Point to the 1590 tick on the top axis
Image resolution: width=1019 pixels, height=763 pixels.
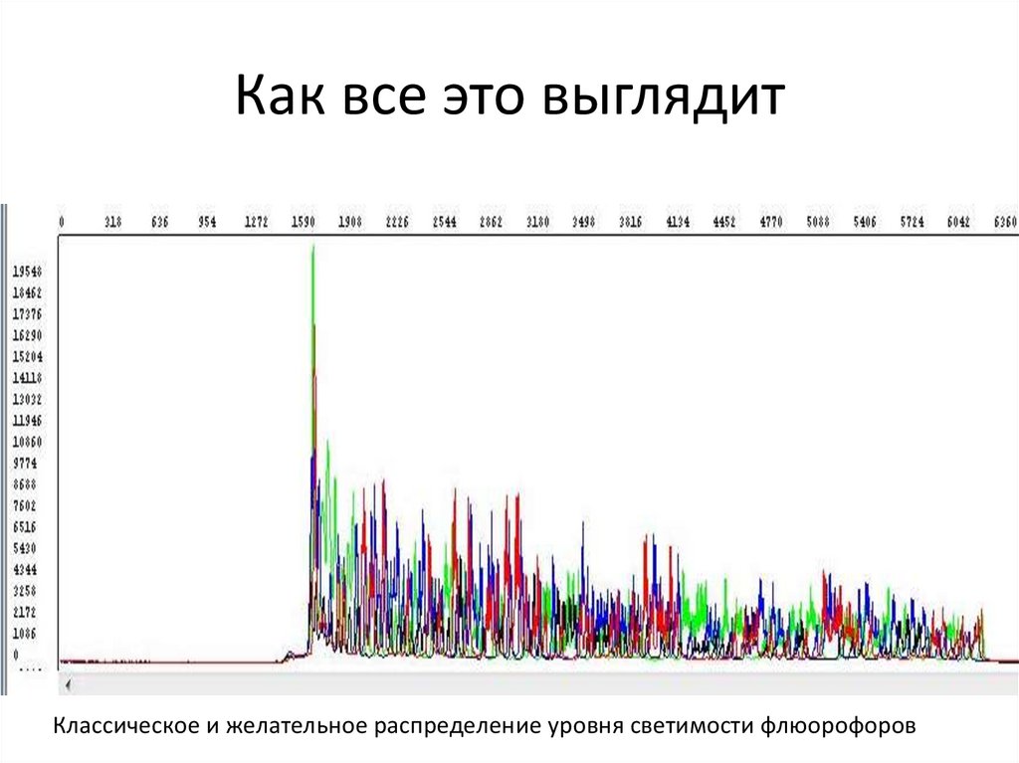coord(304,223)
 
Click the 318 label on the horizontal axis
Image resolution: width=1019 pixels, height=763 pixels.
coord(112,223)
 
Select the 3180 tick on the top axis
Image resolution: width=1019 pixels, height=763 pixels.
coord(538,223)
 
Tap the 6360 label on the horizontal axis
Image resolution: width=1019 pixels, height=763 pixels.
coord(1005,223)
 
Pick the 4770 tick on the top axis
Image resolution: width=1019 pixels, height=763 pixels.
coord(772,223)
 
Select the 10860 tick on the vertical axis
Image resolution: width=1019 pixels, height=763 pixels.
coord(27,442)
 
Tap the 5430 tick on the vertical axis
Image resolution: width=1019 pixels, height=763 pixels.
coord(25,548)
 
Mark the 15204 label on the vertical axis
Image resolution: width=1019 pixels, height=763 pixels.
coord(27,356)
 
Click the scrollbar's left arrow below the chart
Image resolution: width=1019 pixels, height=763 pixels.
coord(68,685)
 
